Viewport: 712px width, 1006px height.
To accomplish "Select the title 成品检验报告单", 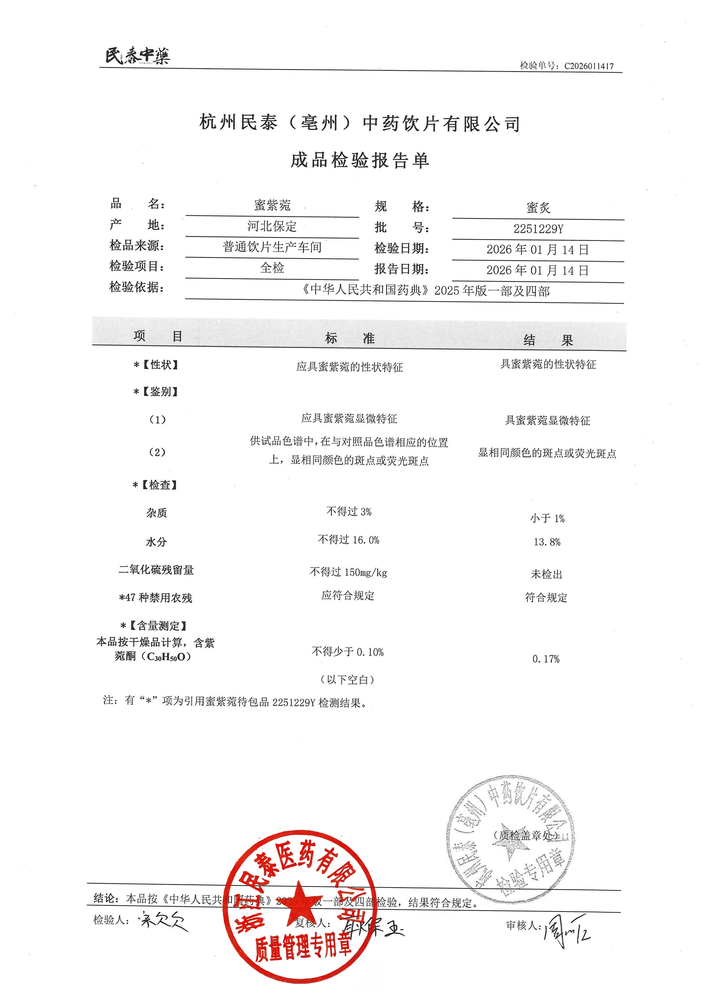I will [x=359, y=160].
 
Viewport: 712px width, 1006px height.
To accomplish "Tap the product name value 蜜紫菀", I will [x=272, y=205].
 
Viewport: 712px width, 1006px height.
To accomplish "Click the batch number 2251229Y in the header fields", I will [x=538, y=229].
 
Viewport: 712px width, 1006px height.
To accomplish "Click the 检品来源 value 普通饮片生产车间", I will [x=272, y=247].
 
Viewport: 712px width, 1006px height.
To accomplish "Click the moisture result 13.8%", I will [x=547, y=542].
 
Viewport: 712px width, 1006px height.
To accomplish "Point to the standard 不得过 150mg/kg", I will [x=348, y=572].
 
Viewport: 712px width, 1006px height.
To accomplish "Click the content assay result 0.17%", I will [x=546, y=659].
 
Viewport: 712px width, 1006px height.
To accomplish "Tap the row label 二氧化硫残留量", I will [x=156, y=570].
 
